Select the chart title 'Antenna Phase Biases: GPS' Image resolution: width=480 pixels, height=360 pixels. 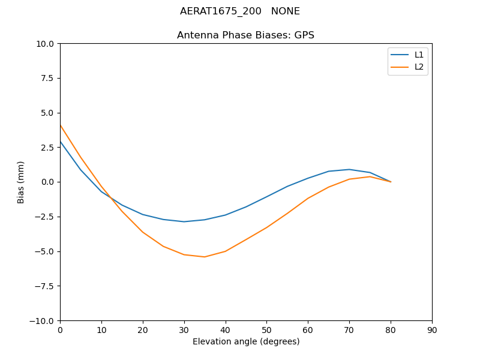(x=245, y=35)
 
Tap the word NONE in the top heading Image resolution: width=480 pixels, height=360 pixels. (x=285, y=11)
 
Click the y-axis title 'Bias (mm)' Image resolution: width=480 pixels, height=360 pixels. (x=21, y=182)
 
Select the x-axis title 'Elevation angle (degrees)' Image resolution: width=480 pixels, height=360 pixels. (x=245, y=342)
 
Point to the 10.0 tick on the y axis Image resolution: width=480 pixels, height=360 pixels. (x=45, y=44)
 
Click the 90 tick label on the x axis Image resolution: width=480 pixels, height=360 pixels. (x=432, y=330)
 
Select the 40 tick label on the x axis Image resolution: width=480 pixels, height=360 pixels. (x=225, y=330)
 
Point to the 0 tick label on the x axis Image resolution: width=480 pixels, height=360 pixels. (x=60, y=330)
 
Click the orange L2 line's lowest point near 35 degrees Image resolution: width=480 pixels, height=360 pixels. (x=205, y=257)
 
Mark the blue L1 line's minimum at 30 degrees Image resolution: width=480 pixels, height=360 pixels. (x=184, y=221)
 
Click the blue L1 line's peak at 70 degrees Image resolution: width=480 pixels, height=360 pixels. (x=349, y=169)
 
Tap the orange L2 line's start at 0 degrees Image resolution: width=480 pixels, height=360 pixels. (x=61, y=125)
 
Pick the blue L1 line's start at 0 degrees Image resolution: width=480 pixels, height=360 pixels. (x=61, y=142)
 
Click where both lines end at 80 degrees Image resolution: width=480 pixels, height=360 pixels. (x=391, y=182)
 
